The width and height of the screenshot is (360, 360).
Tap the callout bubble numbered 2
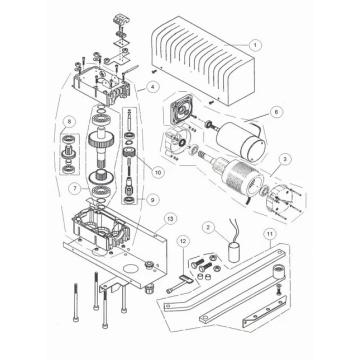209,228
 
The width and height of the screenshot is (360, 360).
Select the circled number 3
283,159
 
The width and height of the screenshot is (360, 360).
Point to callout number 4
153,88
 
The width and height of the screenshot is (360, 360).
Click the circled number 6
276,112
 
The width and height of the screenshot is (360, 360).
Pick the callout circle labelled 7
75,189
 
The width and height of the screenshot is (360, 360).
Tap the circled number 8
69,122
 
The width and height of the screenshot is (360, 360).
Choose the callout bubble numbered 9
152,200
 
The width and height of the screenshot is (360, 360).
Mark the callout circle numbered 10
158,172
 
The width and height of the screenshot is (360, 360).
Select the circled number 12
183,241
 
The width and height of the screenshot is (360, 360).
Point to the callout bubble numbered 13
170,219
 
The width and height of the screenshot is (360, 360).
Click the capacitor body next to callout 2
235,253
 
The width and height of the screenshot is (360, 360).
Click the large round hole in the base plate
131,268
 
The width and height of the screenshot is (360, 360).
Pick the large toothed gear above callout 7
100,143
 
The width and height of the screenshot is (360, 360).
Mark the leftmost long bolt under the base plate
76,302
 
